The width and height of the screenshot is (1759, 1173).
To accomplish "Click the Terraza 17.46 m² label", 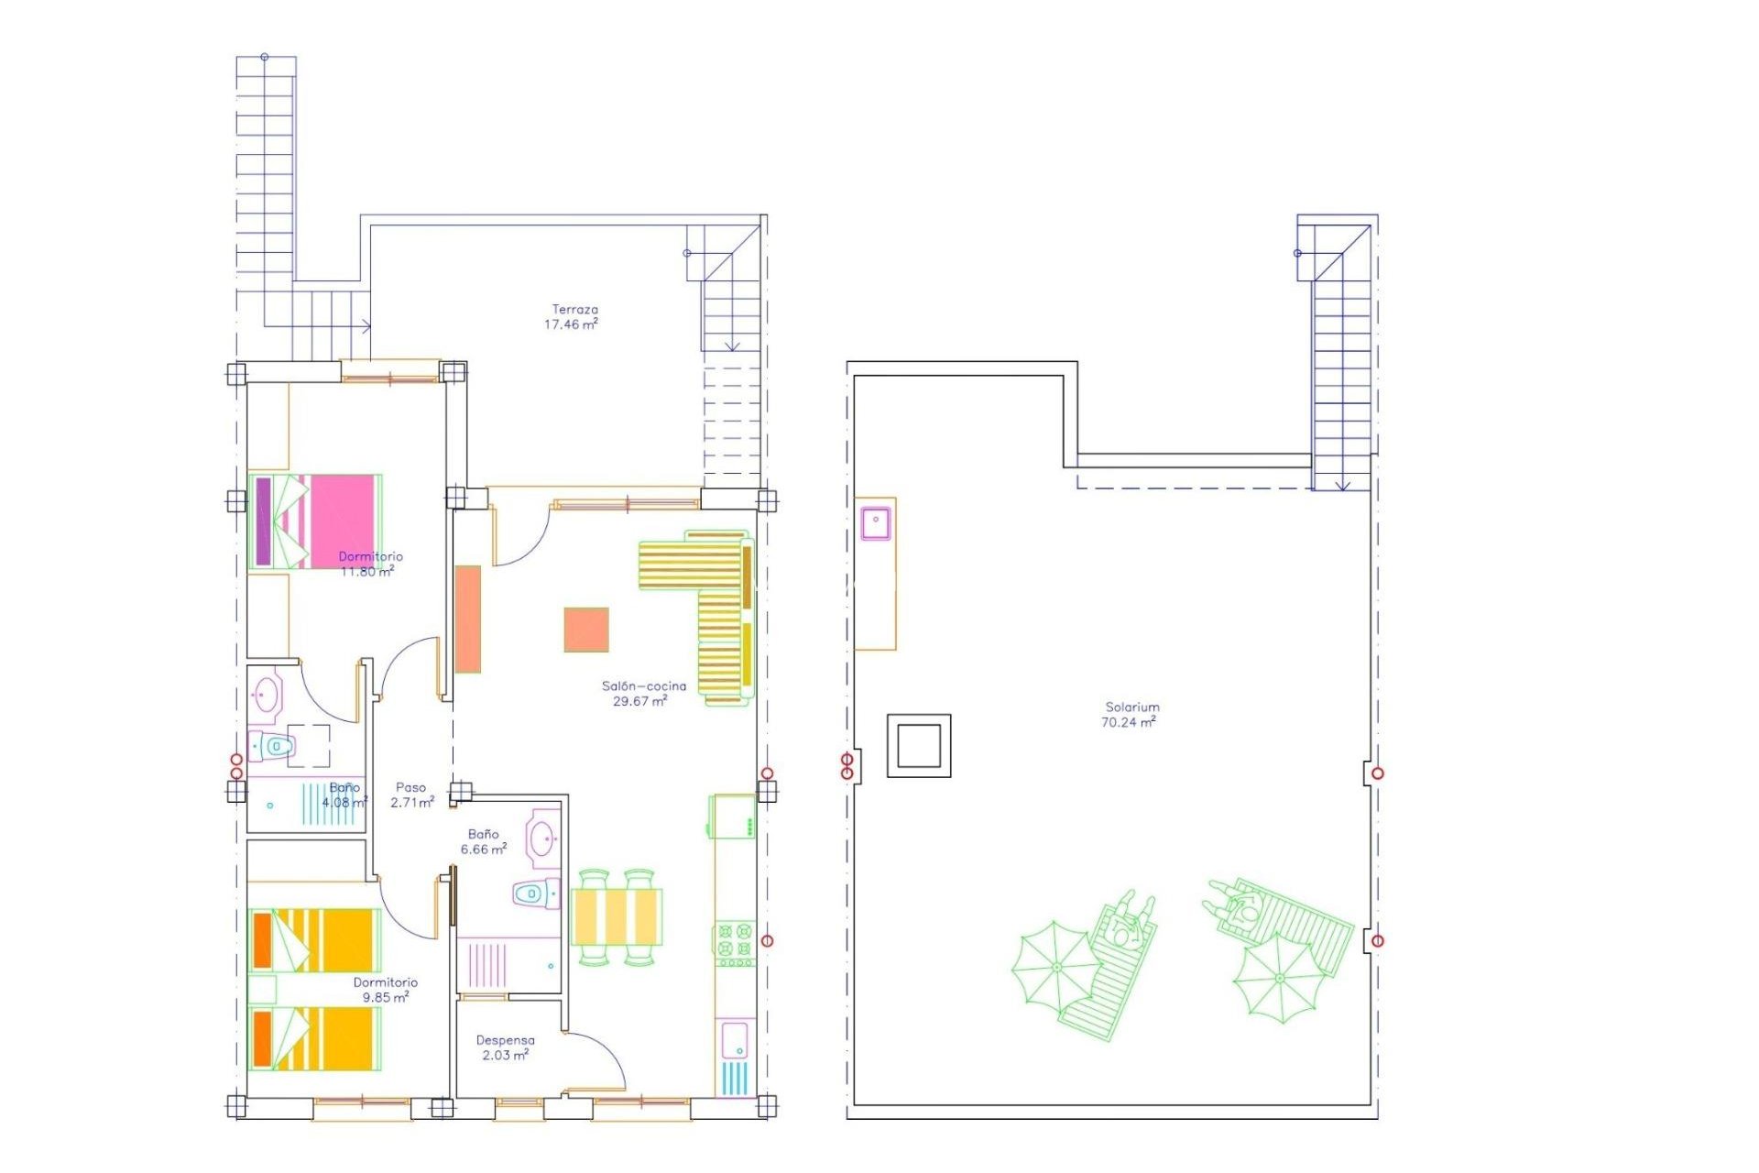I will [x=572, y=317].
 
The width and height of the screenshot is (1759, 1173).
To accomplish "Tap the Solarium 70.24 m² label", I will [x=1131, y=715].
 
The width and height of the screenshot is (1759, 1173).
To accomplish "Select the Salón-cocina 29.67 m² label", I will [x=642, y=694].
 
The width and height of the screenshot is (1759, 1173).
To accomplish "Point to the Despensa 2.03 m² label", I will [x=505, y=1047].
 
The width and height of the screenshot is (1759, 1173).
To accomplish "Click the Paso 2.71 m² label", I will [x=411, y=795].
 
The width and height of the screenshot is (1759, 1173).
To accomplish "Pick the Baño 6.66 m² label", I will [x=483, y=841].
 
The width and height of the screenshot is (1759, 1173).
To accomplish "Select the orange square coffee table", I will [x=586, y=630].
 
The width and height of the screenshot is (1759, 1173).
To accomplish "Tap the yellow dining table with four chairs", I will [x=616, y=916].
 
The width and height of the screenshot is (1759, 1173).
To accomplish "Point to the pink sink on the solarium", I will [x=876, y=522].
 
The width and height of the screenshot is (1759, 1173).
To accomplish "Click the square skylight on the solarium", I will [x=918, y=745].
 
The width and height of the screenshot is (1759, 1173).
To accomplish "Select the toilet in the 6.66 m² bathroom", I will [x=535, y=893].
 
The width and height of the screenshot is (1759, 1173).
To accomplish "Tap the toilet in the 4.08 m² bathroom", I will [x=273, y=747].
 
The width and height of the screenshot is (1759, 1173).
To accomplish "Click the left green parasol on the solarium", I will [x=1055, y=966].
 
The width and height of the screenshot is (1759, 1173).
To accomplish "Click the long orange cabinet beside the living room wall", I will [x=468, y=619].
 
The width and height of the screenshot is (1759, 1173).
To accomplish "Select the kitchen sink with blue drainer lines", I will [x=735, y=1059].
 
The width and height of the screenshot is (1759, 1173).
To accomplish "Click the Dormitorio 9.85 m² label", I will [x=385, y=990].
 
